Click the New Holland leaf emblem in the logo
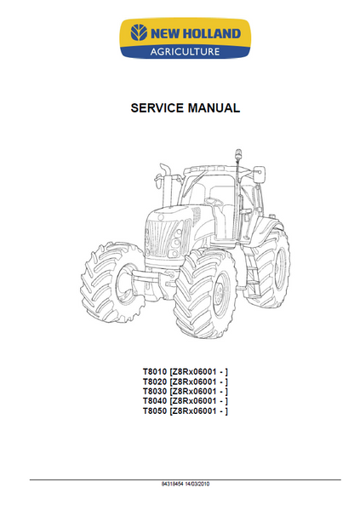click(139, 32)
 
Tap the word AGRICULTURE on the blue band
click(185, 51)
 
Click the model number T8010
click(155, 371)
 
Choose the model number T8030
click(155, 391)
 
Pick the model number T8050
click(155, 411)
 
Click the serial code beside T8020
click(199, 382)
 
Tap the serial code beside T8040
click(199, 401)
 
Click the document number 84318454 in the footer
click(173, 484)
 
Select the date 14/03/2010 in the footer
click(197, 484)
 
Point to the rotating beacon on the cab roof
click(237, 154)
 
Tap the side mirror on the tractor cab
click(259, 174)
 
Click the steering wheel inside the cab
click(214, 200)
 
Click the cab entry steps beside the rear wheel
click(252, 273)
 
